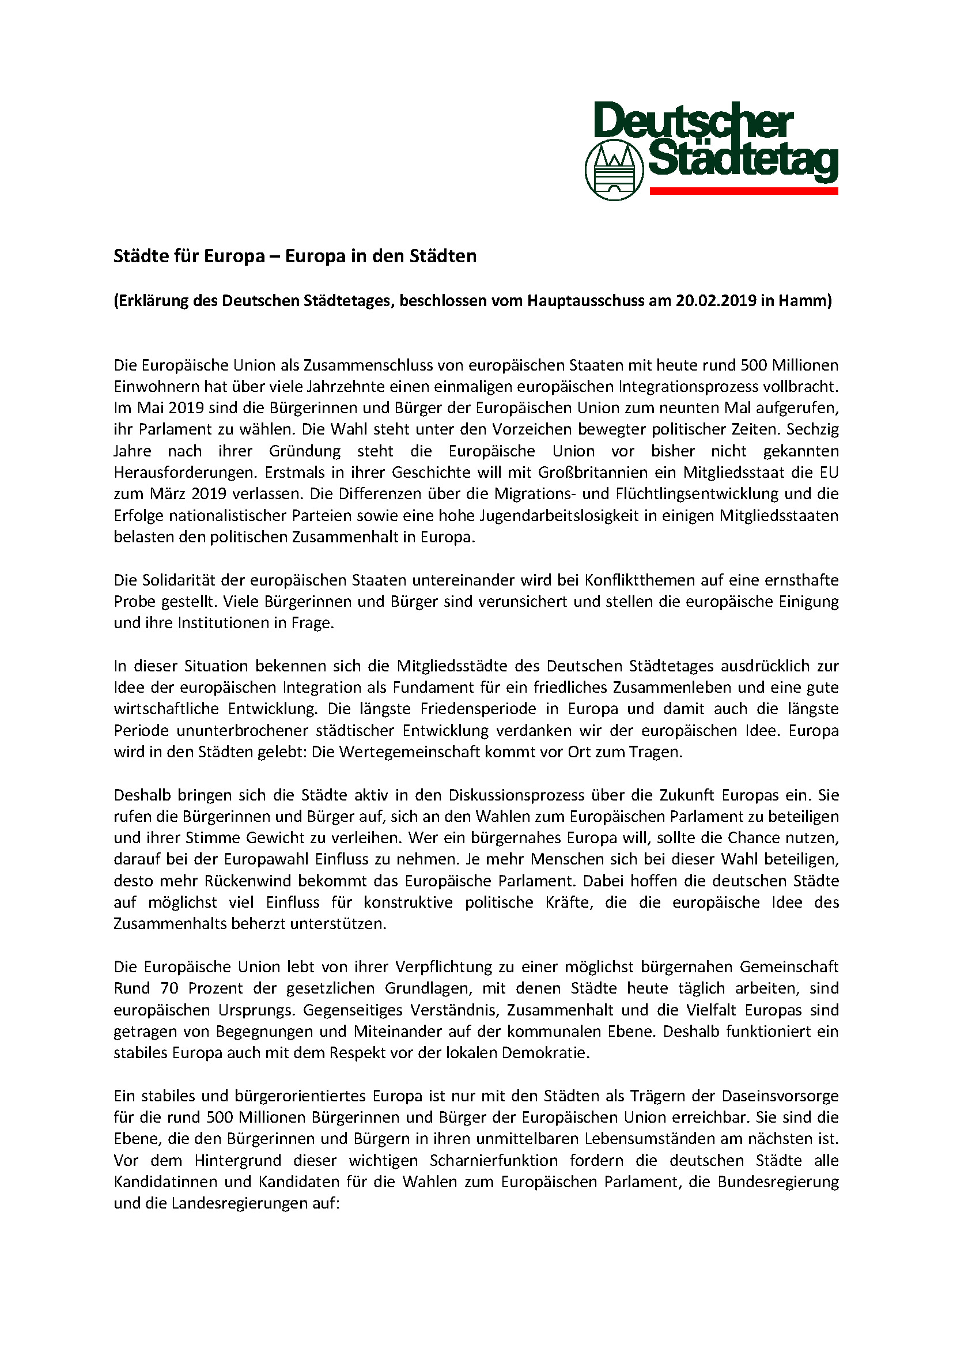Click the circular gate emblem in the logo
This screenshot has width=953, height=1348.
coord(614,171)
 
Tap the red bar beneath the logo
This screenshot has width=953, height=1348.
coord(743,191)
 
